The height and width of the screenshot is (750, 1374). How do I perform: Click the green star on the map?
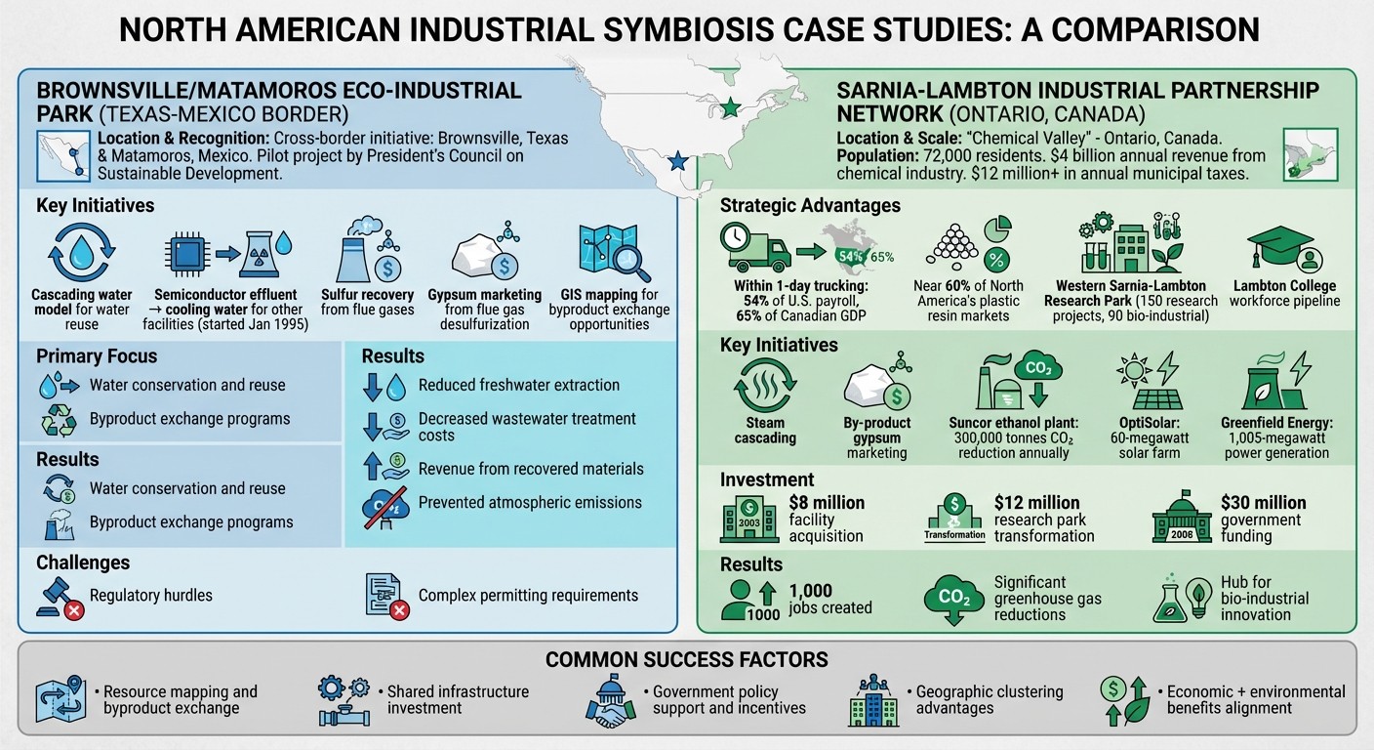tap(729, 107)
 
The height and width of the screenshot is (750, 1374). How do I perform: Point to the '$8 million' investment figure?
tap(826, 503)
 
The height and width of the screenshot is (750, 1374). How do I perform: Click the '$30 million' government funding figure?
tap(1263, 503)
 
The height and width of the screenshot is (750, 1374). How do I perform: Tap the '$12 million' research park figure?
tap(1036, 503)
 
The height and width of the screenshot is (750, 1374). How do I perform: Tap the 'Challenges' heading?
tap(82, 562)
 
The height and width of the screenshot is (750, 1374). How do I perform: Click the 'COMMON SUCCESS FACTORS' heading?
tap(686, 659)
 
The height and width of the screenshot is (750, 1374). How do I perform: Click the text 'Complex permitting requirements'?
tap(528, 595)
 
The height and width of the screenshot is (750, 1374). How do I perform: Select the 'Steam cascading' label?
tap(765, 431)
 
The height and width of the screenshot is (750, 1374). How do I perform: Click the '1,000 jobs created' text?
tap(829, 599)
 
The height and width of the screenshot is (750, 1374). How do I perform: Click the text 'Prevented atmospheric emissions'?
tap(530, 502)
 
